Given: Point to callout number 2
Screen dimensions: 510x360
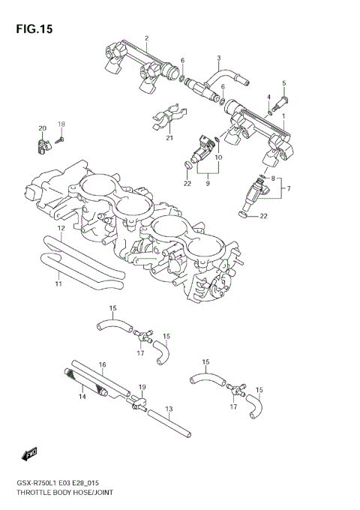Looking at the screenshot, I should (146, 38).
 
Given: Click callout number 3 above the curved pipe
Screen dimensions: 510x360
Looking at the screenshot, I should (218, 58).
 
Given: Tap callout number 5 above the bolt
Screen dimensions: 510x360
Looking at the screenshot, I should (283, 82).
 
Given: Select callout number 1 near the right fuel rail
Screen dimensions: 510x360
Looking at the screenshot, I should (283, 116).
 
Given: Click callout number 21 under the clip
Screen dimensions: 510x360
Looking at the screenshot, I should (169, 138).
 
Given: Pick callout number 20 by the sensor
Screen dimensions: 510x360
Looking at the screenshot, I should (43, 128).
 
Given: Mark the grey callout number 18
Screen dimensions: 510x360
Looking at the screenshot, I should (62, 124).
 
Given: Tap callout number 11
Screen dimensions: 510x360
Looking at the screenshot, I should (58, 285).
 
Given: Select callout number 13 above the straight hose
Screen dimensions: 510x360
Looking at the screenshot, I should (168, 409).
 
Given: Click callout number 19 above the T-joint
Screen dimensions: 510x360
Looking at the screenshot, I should (141, 387).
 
